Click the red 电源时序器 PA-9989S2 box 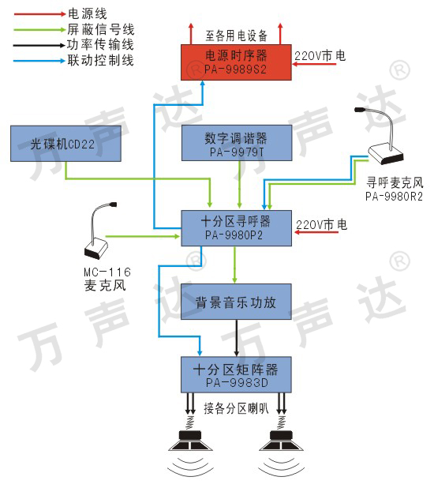236,62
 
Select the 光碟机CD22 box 65,144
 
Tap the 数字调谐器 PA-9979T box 237,143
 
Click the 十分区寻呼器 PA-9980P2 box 237,228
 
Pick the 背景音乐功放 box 236,302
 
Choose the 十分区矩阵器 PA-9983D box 236,374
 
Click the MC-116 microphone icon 99,231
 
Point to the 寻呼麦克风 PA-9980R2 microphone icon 381,136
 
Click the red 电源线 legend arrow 39,14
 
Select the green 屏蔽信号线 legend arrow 39,30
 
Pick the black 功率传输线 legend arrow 39,46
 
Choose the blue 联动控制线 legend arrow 39,61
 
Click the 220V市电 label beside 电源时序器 320,56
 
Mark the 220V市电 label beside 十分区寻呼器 321,225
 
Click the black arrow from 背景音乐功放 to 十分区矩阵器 237,338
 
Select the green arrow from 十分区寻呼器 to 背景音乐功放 235,265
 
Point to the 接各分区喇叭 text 236,408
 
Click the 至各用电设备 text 237,36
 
